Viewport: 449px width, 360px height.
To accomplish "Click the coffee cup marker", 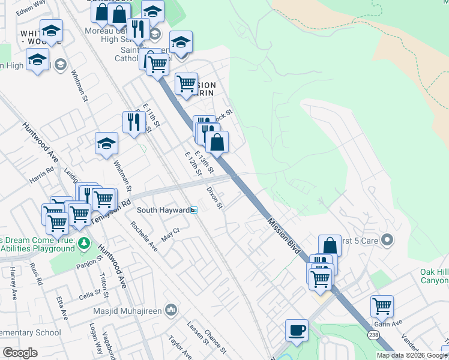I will coord(296,330).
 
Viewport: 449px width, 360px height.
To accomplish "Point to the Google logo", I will coord(20,353).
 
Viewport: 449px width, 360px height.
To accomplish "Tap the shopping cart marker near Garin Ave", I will coord(382,306).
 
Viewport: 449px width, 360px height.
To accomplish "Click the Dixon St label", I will coord(214,197).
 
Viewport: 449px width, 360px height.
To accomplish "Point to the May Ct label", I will coord(170,230).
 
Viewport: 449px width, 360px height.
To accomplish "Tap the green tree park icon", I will coord(84,243).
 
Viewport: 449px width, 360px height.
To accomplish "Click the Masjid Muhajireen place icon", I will coord(171,310).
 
